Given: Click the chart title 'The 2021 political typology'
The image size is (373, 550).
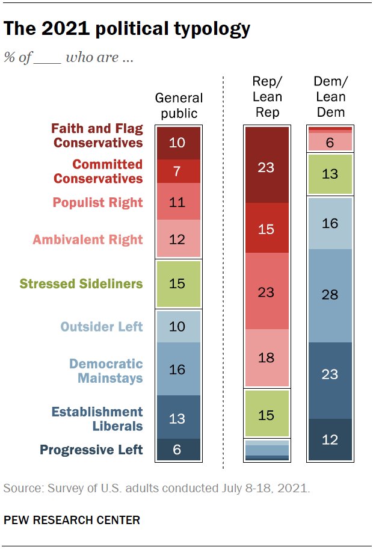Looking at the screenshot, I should (x=127, y=28).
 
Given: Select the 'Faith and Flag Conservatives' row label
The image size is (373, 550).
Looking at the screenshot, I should (x=97, y=135).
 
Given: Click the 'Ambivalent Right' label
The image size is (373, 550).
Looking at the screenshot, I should (x=88, y=239).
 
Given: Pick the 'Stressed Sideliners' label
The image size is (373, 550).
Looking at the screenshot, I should (x=81, y=283).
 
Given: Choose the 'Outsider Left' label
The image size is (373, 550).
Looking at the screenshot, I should (x=102, y=327).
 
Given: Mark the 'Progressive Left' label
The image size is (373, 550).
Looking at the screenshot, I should (x=91, y=450).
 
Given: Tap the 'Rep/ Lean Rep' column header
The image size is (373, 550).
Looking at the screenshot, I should (x=266, y=96).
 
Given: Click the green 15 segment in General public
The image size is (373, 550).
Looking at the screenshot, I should (x=177, y=283).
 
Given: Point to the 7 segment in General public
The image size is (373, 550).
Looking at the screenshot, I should (x=177, y=171).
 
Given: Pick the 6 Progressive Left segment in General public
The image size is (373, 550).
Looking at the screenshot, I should (x=177, y=450).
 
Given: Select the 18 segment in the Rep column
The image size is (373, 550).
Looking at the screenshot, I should (x=266, y=357).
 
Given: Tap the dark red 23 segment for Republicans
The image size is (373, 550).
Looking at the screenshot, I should (x=266, y=167).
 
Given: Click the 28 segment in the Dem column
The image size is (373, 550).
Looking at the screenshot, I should (x=329, y=295).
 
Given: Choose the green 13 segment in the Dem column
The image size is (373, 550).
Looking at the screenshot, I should (x=329, y=175).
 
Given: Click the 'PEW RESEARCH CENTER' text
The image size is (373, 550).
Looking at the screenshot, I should (x=72, y=520).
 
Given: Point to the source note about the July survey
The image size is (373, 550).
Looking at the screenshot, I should (x=156, y=488).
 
